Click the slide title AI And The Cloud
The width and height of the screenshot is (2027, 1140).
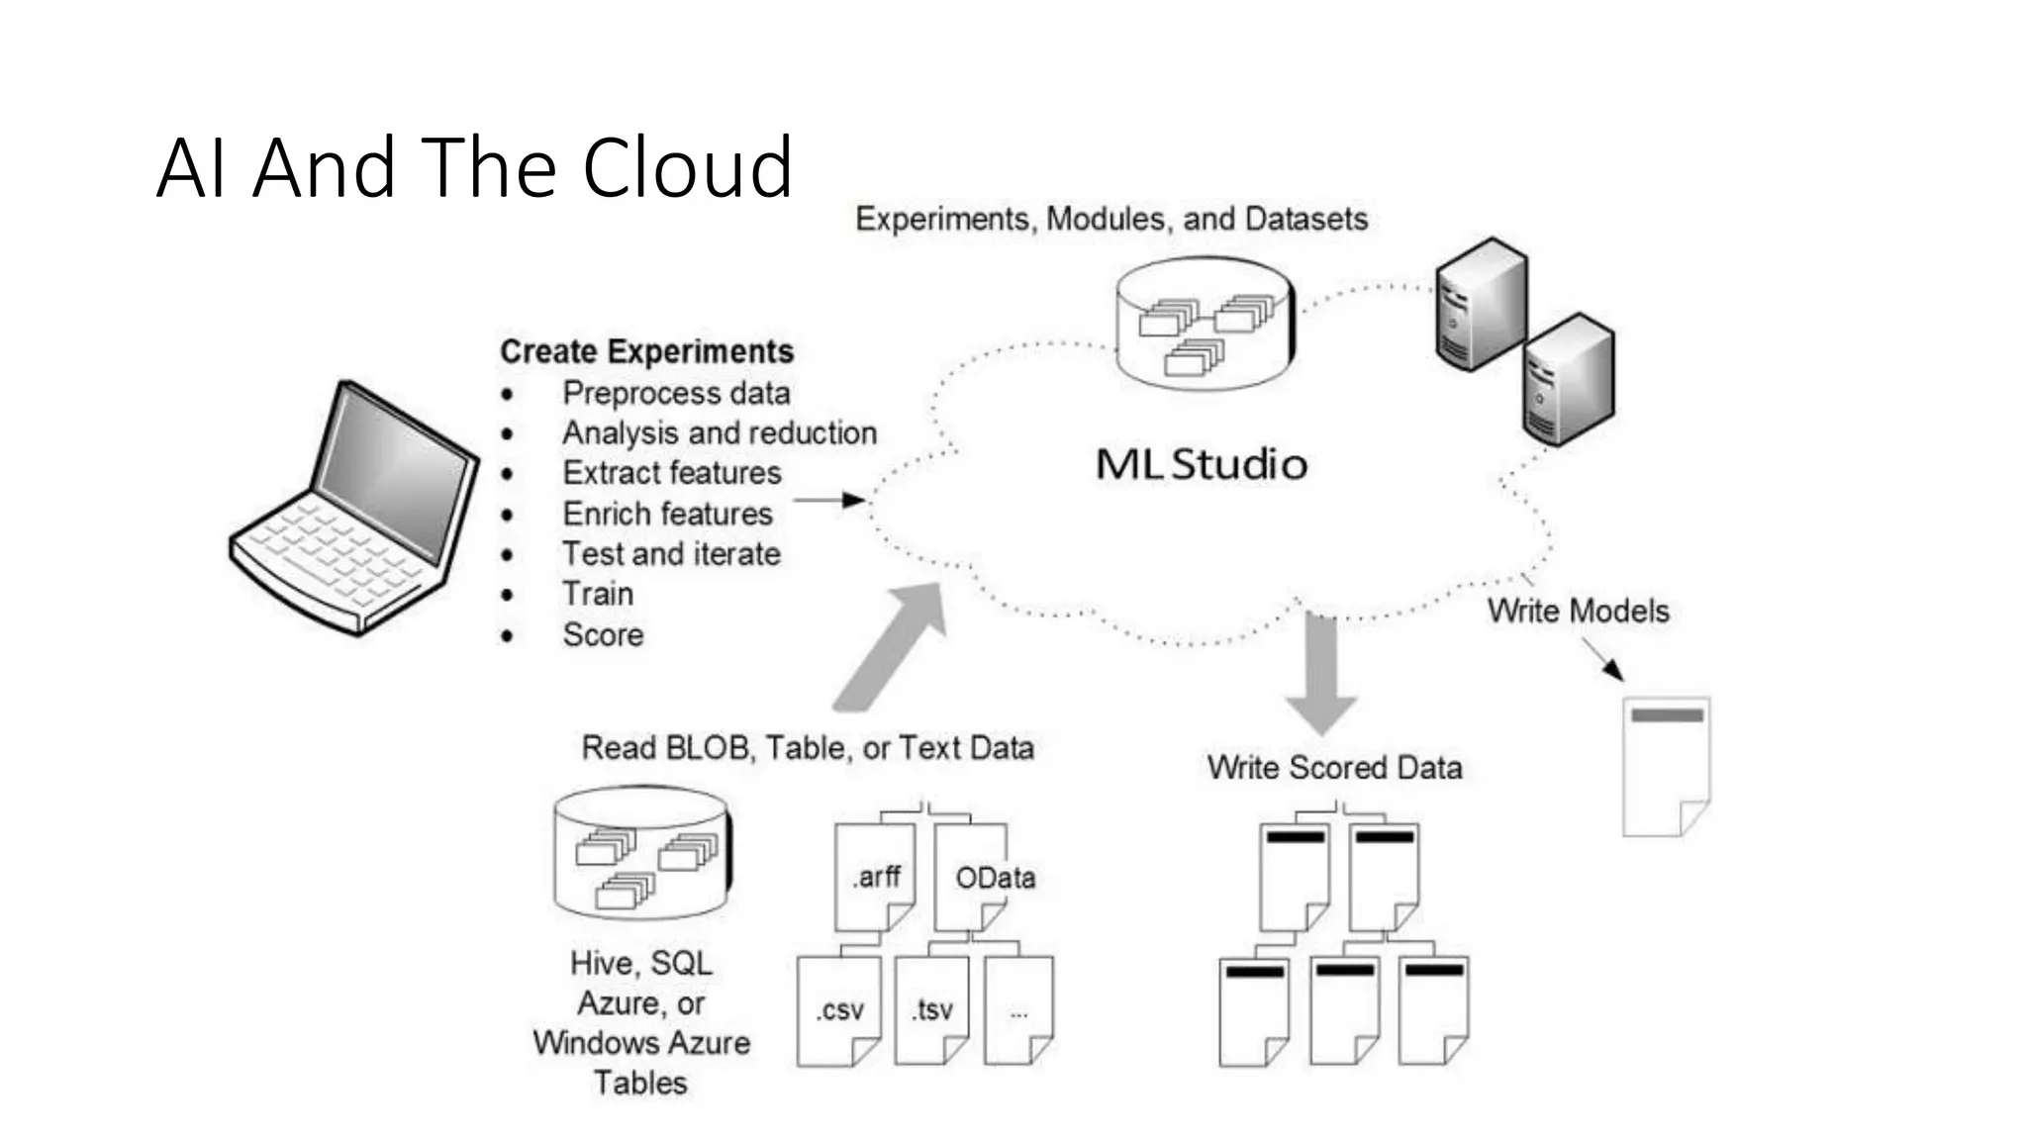click(474, 167)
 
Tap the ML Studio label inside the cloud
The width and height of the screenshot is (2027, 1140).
click(1201, 464)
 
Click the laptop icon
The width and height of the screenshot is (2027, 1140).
click(353, 507)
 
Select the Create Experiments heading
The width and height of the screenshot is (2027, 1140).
click(646, 351)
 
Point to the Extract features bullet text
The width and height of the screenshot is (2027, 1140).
click(671, 473)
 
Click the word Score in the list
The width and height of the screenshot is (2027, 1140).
click(603, 634)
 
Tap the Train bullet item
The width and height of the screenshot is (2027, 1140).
click(598, 594)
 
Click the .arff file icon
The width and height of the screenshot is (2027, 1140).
click(875, 876)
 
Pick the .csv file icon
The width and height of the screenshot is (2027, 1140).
click(838, 1009)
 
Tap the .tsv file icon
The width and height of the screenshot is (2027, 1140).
click(931, 1009)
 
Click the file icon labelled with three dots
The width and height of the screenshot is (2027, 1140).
click(1018, 1009)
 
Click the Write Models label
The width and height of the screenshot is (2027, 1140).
click(1578, 611)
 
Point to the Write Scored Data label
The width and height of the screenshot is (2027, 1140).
click(1334, 767)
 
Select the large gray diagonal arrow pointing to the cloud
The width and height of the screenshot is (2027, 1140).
click(889, 648)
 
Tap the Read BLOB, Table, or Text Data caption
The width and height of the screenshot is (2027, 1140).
click(808, 747)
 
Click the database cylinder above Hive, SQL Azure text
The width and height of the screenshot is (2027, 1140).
click(643, 853)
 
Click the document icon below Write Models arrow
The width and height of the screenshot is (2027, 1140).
click(1666, 766)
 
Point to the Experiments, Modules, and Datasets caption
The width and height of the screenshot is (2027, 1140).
click(1110, 219)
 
